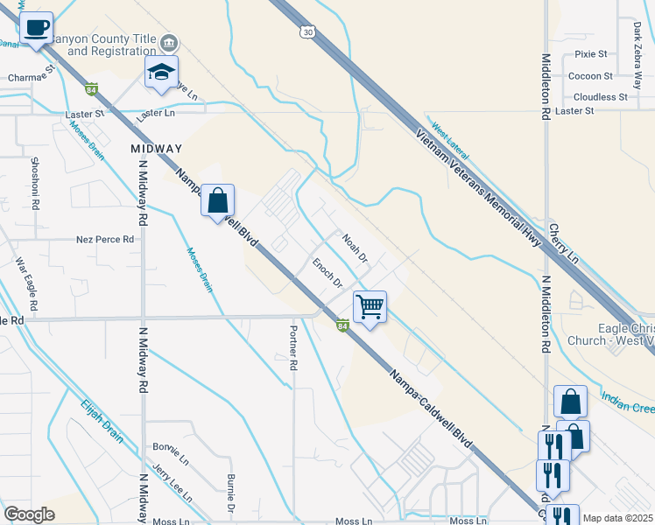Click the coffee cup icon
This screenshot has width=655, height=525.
(x=36, y=28)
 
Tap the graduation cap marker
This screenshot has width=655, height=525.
(x=162, y=73)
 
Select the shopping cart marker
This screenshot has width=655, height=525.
(x=370, y=307)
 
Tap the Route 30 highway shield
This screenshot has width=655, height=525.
(x=306, y=31)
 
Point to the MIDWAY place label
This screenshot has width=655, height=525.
(x=156, y=149)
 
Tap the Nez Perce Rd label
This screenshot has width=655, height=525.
(x=105, y=239)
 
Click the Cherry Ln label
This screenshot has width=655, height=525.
(x=565, y=244)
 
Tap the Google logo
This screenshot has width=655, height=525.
(x=30, y=514)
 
